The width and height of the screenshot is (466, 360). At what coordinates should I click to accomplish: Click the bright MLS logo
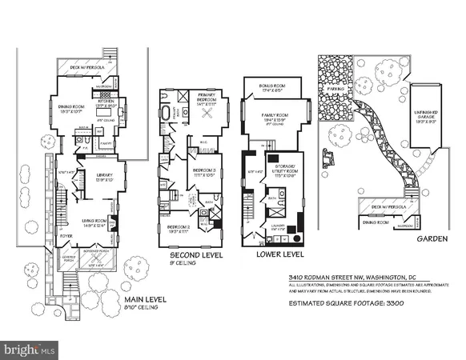[30, 350]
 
